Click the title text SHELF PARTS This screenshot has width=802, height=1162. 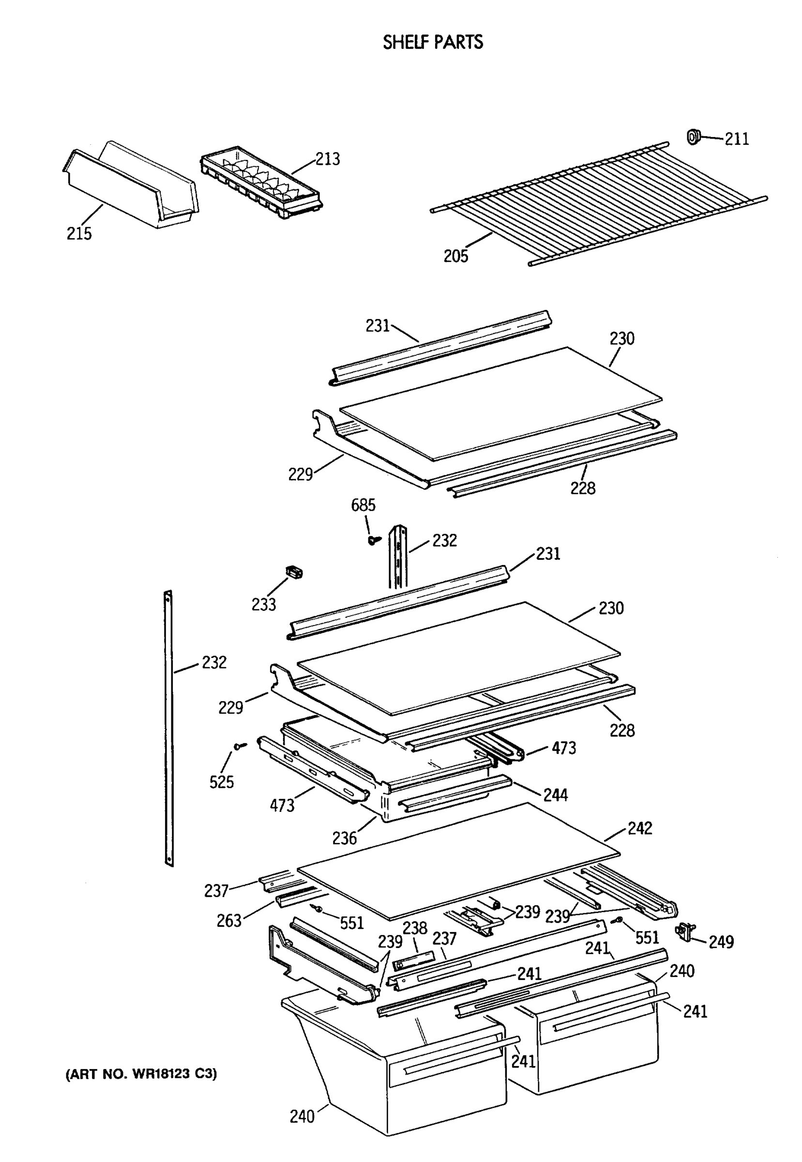tap(433, 42)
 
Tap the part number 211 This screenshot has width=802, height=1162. tap(736, 139)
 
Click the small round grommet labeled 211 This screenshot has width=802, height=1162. tap(694, 136)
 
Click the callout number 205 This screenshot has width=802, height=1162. tap(455, 256)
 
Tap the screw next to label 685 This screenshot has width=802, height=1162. tap(373, 540)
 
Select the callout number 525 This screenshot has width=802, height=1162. tap(222, 782)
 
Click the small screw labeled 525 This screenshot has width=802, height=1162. tap(240, 746)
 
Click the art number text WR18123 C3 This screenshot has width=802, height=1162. tap(141, 1074)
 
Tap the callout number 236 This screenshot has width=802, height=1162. tap(344, 838)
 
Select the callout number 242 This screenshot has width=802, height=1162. tap(640, 828)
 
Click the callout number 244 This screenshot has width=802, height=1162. tap(555, 795)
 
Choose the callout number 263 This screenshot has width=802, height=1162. tap(229, 921)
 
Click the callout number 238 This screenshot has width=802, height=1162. tap(415, 928)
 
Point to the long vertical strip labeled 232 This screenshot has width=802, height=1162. tap(169, 729)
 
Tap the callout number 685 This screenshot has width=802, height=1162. tap(363, 505)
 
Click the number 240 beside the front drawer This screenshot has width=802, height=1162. tap(302, 1117)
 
